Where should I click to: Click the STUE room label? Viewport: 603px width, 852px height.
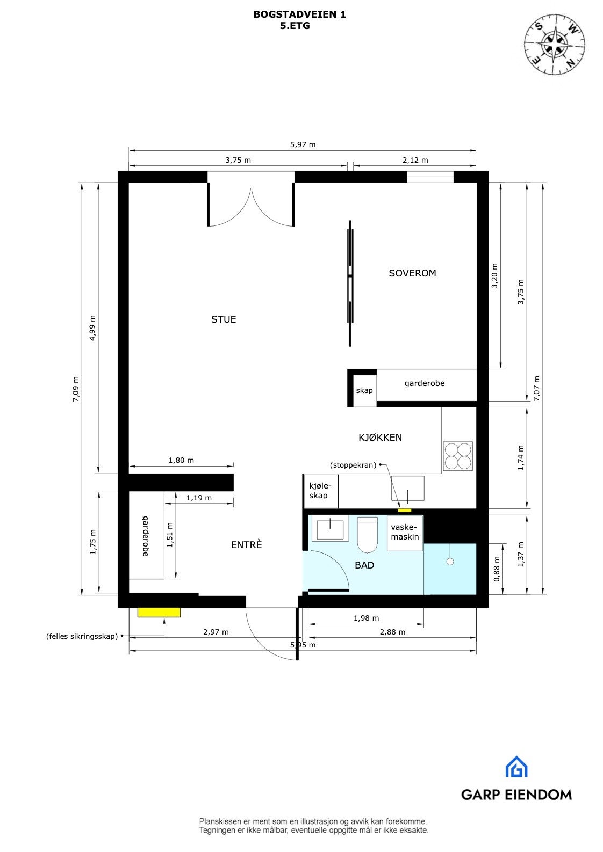tap(224, 319)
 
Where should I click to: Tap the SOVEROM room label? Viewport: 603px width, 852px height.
tap(412, 273)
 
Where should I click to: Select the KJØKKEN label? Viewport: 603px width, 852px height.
tap(380, 438)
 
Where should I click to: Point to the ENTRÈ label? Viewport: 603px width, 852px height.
tap(246, 545)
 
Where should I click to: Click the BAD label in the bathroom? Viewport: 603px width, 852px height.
tap(364, 565)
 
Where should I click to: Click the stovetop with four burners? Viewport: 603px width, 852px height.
tap(458, 456)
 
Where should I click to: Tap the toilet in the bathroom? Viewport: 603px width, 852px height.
tap(368, 534)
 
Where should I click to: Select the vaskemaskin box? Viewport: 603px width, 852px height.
tap(405, 533)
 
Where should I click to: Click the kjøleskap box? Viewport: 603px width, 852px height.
tap(321, 491)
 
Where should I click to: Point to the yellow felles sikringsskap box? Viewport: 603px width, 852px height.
tap(159, 612)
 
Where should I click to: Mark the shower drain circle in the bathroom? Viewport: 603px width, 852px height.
tap(450, 562)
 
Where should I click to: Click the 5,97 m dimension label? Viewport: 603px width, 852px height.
tap(303, 144)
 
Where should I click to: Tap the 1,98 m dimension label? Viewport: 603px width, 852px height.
tap(366, 618)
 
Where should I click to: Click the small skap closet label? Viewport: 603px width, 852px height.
tap(364, 390)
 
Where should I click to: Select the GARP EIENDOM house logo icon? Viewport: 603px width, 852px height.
tap(516, 767)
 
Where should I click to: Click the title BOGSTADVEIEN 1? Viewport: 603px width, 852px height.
tap(299, 15)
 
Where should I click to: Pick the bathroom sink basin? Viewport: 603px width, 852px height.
tap(330, 529)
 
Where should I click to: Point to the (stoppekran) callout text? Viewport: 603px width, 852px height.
tap(353, 465)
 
